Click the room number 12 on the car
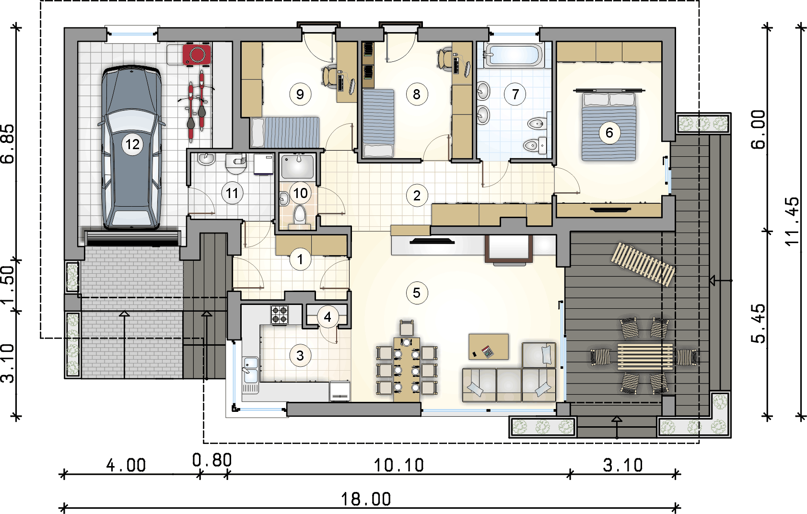tap(132, 144)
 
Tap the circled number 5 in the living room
tap(417, 293)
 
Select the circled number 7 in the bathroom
tap(515, 94)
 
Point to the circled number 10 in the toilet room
tap(301, 193)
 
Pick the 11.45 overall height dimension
tap(792, 222)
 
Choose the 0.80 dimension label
tap(212, 460)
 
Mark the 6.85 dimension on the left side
tap(8, 144)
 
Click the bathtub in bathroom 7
tap(514, 55)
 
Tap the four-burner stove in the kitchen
tap(280, 315)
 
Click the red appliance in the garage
tap(197, 54)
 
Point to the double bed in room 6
tap(609, 127)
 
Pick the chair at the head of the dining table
tap(407, 328)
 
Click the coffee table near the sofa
tap(489, 347)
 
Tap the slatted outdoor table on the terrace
tap(645, 357)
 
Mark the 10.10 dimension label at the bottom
tap(399, 466)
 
